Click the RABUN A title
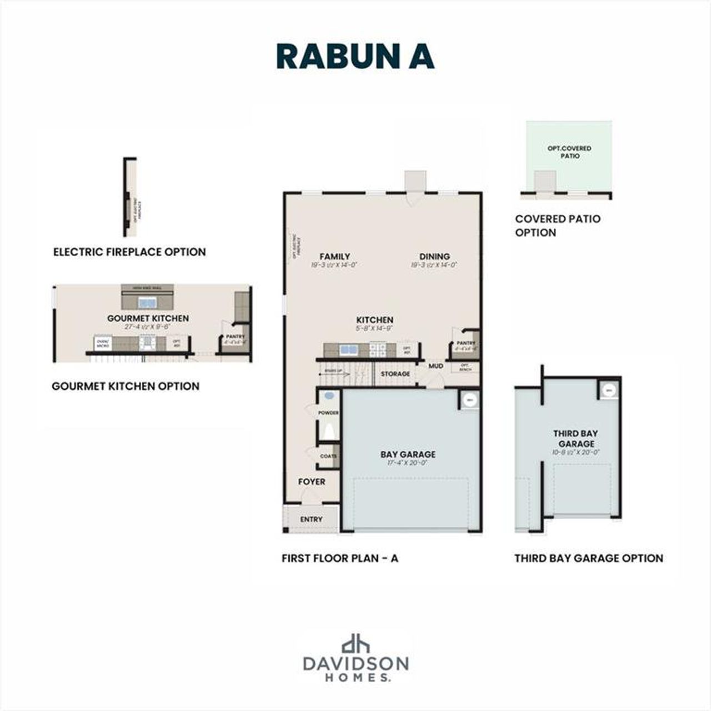coord(355,56)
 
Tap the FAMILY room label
coord(334,256)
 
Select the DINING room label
coord(434,256)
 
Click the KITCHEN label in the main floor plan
coord(375,320)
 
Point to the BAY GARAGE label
coord(408,454)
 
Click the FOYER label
coord(312,482)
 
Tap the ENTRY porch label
coord(311,519)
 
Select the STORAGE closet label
coord(395,374)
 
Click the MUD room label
coord(436,366)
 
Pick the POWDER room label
coord(328,413)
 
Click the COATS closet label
coord(328,456)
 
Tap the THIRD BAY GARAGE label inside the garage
coord(576,438)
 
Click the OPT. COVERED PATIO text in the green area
coord(570,152)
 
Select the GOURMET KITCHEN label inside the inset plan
coord(148,318)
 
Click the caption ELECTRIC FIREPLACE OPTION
coord(129,252)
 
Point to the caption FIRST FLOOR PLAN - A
coord(340,558)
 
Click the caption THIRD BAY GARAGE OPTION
coord(589,558)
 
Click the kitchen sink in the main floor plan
coord(349,350)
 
